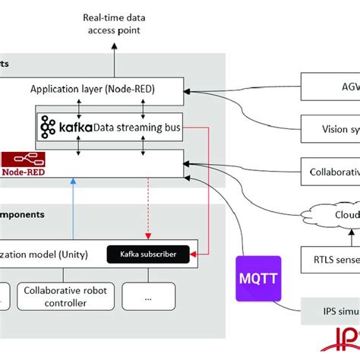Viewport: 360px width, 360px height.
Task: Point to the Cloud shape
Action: click(334, 215)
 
